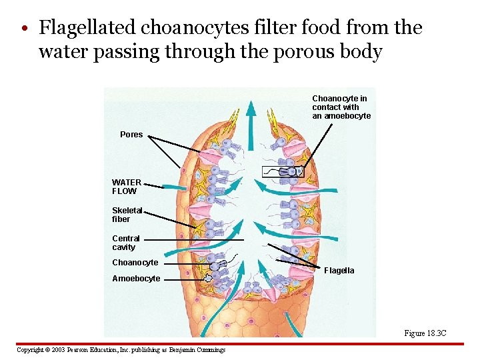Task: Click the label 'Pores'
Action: (131, 135)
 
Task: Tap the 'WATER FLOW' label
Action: (126, 187)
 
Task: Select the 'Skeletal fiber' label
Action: (127, 215)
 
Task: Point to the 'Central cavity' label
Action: (125, 243)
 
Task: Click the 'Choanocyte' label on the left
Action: (135, 263)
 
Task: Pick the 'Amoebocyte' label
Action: (136, 279)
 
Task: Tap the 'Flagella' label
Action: (339, 271)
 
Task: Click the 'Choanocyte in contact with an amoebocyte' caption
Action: (341, 107)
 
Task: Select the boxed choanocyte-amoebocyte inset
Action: (283, 173)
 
